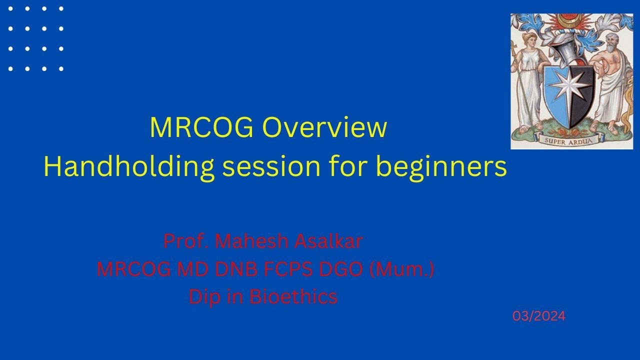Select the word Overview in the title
coord(325,128)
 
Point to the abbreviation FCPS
coord(285,269)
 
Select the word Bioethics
coord(293,297)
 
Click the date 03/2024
coord(538,316)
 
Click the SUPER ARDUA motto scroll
coord(568,140)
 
